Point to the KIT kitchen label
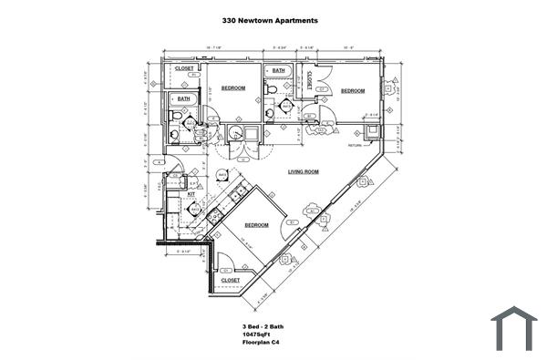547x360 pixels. point(192,193)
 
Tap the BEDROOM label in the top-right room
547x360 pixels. point(353,90)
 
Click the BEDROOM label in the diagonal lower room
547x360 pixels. point(255,224)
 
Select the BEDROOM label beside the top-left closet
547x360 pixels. point(233,87)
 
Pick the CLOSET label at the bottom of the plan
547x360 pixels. point(230,280)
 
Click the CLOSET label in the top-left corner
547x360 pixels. point(184,67)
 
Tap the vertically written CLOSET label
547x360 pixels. point(311,80)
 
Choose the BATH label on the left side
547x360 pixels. point(183,98)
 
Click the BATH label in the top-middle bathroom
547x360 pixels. point(278,70)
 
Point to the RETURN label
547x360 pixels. point(356,145)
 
